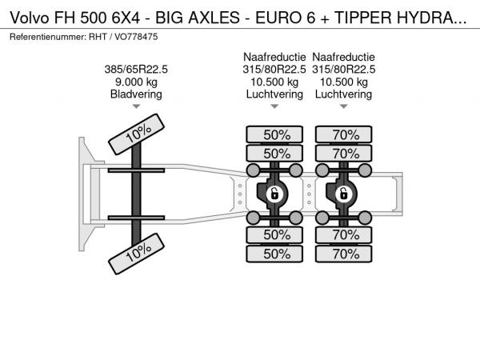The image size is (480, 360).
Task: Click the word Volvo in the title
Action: (30, 18)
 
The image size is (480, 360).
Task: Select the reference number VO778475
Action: (136, 37)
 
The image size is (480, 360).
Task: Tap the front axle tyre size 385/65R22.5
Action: (136, 70)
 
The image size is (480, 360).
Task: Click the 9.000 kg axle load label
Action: (136, 82)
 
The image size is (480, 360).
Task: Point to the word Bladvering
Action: (136, 94)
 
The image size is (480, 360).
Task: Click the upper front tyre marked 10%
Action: (136, 134)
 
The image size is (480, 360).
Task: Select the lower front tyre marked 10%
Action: (136, 254)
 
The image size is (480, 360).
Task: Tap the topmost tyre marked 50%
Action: (274, 134)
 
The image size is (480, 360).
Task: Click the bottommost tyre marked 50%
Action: (274, 254)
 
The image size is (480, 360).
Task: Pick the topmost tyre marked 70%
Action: (344, 134)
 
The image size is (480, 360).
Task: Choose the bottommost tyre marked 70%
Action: (344, 254)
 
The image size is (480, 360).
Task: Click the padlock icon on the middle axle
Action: (274, 194)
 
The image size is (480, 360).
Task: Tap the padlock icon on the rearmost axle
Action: (343, 194)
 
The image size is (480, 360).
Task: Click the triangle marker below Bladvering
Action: (136, 106)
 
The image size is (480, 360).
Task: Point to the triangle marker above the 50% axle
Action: (274, 106)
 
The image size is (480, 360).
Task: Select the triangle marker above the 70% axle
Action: (344, 106)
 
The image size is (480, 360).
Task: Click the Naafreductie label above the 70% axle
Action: (343, 57)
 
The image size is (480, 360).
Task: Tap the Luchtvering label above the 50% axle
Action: (274, 94)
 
